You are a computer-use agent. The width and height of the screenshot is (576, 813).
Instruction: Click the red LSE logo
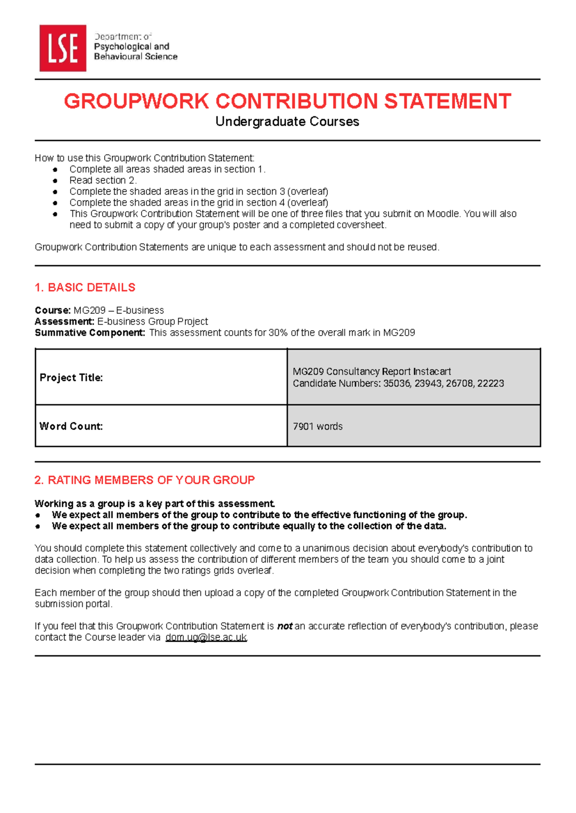tap(62, 48)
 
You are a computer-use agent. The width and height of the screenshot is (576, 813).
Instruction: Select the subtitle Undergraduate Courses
tap(287, 121)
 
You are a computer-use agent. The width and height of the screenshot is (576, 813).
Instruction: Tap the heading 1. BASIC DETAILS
tap(85, 287)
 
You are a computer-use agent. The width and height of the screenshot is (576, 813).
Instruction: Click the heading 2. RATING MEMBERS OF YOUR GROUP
tap(144, 480)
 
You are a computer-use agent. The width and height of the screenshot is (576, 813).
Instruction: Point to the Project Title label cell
tap(71, 378)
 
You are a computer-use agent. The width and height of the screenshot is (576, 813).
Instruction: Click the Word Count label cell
tap(71, 426)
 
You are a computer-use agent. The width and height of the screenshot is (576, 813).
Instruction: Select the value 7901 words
tap(317, 426)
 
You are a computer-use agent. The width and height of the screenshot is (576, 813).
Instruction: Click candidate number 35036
tap(396, 383)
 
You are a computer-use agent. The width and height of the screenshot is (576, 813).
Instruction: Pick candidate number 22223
tap(491, 383)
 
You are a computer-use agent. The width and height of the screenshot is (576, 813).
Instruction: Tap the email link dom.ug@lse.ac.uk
tap(206, 637)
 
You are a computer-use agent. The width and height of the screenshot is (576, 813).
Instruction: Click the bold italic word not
tap(285, 626)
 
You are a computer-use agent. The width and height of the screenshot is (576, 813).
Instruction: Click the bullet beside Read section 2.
tap(55, 180)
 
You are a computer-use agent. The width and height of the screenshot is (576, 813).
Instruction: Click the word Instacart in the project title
tap(432, 371)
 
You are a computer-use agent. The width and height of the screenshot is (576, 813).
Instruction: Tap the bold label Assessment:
tap(64, 322)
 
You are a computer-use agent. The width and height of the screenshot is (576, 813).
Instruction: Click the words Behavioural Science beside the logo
tap(135, 57)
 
